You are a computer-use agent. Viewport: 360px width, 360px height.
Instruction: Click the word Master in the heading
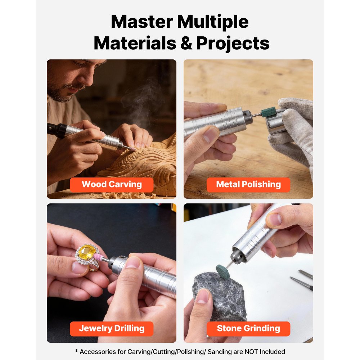(x=142, y=22)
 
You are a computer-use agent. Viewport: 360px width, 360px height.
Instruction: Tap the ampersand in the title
(x=186, y=43)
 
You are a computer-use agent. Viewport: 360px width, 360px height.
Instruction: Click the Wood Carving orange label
(x=112, y=185)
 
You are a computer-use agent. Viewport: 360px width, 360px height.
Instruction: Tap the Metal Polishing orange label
(x=248, y=185)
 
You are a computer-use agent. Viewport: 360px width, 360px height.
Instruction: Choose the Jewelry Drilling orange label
(x=112, y=329)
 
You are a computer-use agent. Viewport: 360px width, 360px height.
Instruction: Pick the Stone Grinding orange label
(x=248, y=329)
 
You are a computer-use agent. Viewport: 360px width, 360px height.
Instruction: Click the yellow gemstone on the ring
(x=86, y=252)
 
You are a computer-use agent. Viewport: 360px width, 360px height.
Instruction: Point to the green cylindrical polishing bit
(x=268, y=112)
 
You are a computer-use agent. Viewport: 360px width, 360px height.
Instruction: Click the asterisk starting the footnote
(x=76, y=351)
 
